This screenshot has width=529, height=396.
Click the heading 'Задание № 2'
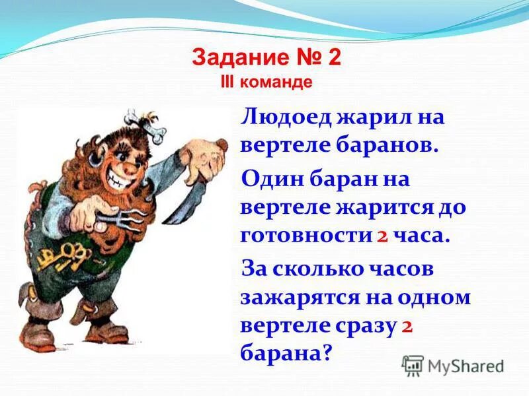tap(266, 58)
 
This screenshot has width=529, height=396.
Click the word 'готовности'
tap(304, 236)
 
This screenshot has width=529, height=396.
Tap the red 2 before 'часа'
tap(382, 236)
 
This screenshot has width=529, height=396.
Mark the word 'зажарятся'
tap(300, 297)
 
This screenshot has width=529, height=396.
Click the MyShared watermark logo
tap(453, 365)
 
